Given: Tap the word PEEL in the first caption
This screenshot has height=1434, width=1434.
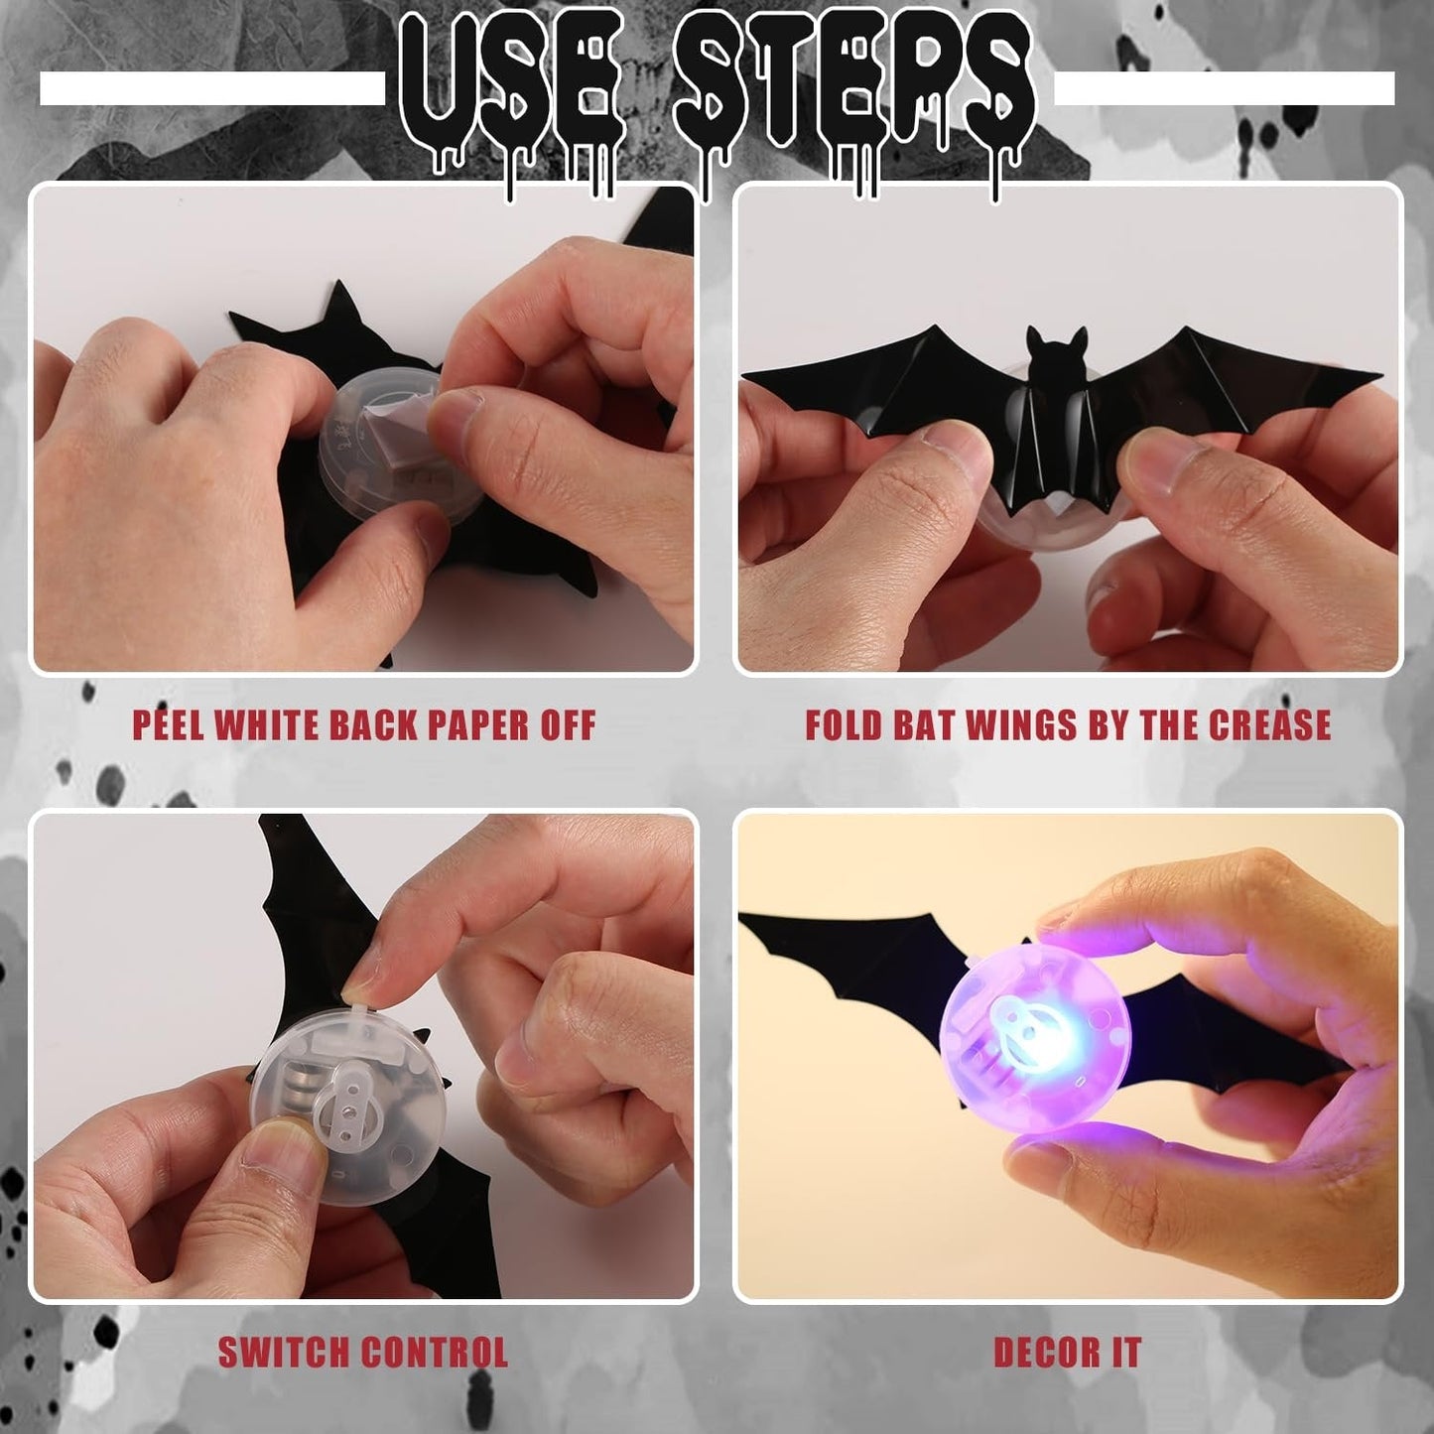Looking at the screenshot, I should point(170,725).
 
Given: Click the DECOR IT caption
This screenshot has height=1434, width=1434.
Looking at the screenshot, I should point(1068,1353).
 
